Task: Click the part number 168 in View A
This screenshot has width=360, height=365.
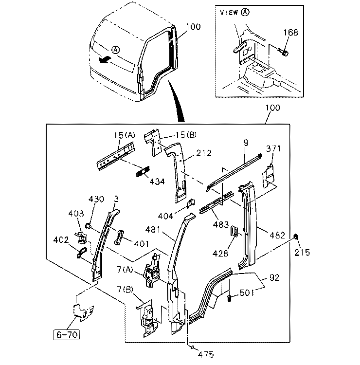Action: pyautogui.click(x=290, y=32)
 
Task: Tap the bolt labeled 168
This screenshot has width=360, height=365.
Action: pyautogui.click(x=283, y=52)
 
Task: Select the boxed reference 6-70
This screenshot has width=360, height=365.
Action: pyautogui.click(x=67, y=334)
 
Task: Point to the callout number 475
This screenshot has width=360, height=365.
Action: pyautogui.click(x=206, y=354)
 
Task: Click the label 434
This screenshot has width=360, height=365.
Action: pyautogui.click(x=157, y=182)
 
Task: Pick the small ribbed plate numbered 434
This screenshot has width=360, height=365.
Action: pyautogui.click(x=143, y=172)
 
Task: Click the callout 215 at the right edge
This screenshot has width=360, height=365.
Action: pyautogui.click(x=302, y=252)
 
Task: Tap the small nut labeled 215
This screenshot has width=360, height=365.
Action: pyautogui.click(x=296, y=237)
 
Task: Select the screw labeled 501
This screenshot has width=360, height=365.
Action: pyautogui.click(x=229, y=298)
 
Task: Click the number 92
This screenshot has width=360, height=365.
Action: pyautogui.click(x=274, y=277)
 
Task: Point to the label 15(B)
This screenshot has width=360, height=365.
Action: pyautogui.click(x=186, y=134)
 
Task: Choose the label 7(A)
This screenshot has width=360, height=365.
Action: pyautogui.click(x=125, y=270)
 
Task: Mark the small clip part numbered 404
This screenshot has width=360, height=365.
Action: pyautogui.click(x=191, y=203)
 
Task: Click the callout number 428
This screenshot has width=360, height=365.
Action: pyautogui.click(x=220, y=253)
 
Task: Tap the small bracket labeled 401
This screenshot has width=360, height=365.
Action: pyautogui.click(x=119, y=237)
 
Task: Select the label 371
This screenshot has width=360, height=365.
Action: pyautogui.click(x=273, y=148)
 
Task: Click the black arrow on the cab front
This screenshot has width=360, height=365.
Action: pyautogui.click(x=104, y=60)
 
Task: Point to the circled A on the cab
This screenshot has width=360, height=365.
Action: pyautogui.click(x=115, y=50)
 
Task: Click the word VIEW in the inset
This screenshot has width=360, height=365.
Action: pyautogui.click(x=229, y=12)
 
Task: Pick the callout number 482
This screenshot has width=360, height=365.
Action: pyautogui.click(x=277, y=236)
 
